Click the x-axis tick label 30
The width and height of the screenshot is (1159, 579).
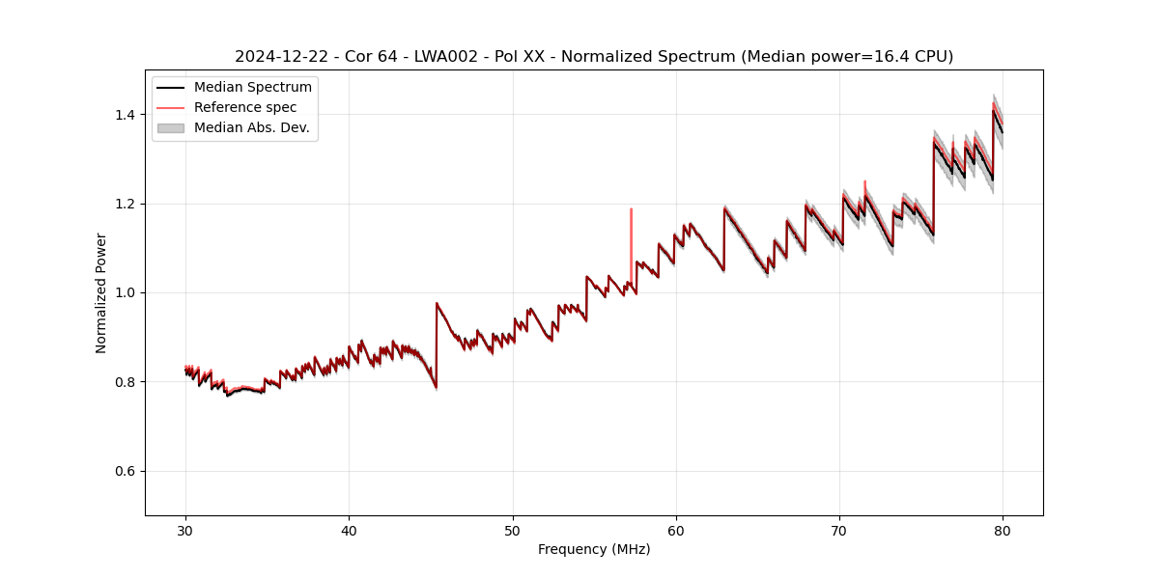186,530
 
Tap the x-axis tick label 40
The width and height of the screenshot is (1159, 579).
350,530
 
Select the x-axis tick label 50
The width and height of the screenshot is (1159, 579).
513,530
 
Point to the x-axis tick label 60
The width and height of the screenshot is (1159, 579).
676,530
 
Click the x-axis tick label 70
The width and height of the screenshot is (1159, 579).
839,530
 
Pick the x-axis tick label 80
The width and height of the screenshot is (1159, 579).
1003,530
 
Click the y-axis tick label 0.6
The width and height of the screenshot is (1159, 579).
126,471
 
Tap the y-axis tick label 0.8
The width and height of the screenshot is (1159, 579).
126,382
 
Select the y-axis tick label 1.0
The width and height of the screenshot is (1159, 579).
126,292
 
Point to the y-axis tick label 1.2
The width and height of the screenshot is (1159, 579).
126,204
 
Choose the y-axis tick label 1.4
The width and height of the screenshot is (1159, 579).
126,115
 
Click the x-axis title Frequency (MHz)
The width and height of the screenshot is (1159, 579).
594,549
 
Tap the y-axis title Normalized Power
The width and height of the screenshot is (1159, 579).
101,292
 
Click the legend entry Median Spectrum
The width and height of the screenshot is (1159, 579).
253,88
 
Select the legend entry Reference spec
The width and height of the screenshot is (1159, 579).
245,107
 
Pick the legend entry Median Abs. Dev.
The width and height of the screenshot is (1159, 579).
252,127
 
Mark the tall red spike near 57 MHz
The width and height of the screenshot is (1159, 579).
631,241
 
